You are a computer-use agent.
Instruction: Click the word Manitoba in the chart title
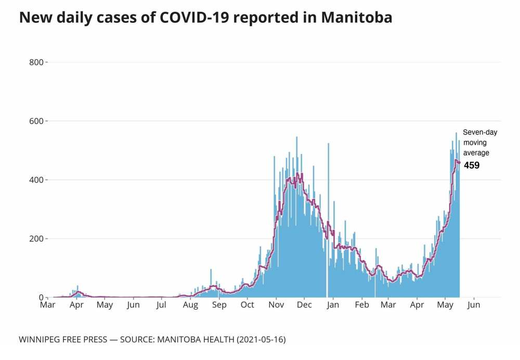click(357, 18)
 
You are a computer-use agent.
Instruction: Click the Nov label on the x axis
click(276, 305)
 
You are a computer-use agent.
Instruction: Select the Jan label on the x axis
click(333, 305)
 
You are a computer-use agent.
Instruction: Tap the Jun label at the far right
click(474, 305)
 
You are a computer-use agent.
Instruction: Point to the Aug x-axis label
click(190, 305)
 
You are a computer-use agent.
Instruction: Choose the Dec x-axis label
click(304, 305)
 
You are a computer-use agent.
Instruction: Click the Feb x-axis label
click(361, 305)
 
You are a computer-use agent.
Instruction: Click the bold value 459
click(472, 165)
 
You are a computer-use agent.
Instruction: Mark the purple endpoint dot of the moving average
click(459, 162)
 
